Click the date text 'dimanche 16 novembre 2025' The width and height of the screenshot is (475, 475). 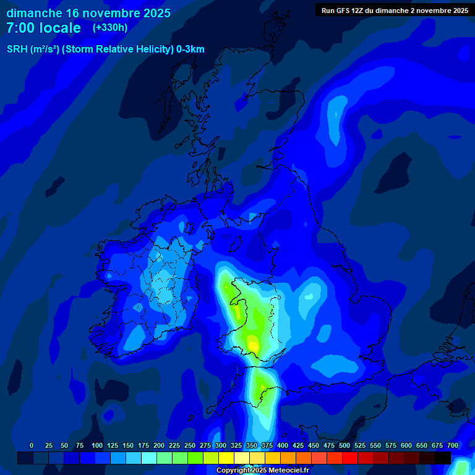88,13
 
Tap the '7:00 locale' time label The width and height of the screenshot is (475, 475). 43,28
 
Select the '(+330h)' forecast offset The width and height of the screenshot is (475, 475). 110,28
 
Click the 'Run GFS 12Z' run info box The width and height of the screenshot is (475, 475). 395,10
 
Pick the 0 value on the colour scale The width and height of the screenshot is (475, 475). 32,445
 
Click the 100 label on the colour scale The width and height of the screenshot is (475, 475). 97,445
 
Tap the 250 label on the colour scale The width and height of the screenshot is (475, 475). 190,445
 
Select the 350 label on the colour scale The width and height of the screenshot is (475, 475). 252,445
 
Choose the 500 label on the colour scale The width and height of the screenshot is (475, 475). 344,445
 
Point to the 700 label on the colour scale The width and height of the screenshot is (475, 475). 453,445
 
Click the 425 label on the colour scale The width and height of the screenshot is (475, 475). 298,445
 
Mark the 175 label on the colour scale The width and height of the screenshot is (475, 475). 143,445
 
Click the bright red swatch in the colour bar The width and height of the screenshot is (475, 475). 350,458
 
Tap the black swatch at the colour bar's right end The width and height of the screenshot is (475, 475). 443,458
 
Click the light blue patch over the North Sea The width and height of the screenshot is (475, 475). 337,111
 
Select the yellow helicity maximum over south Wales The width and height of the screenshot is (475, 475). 254,341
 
